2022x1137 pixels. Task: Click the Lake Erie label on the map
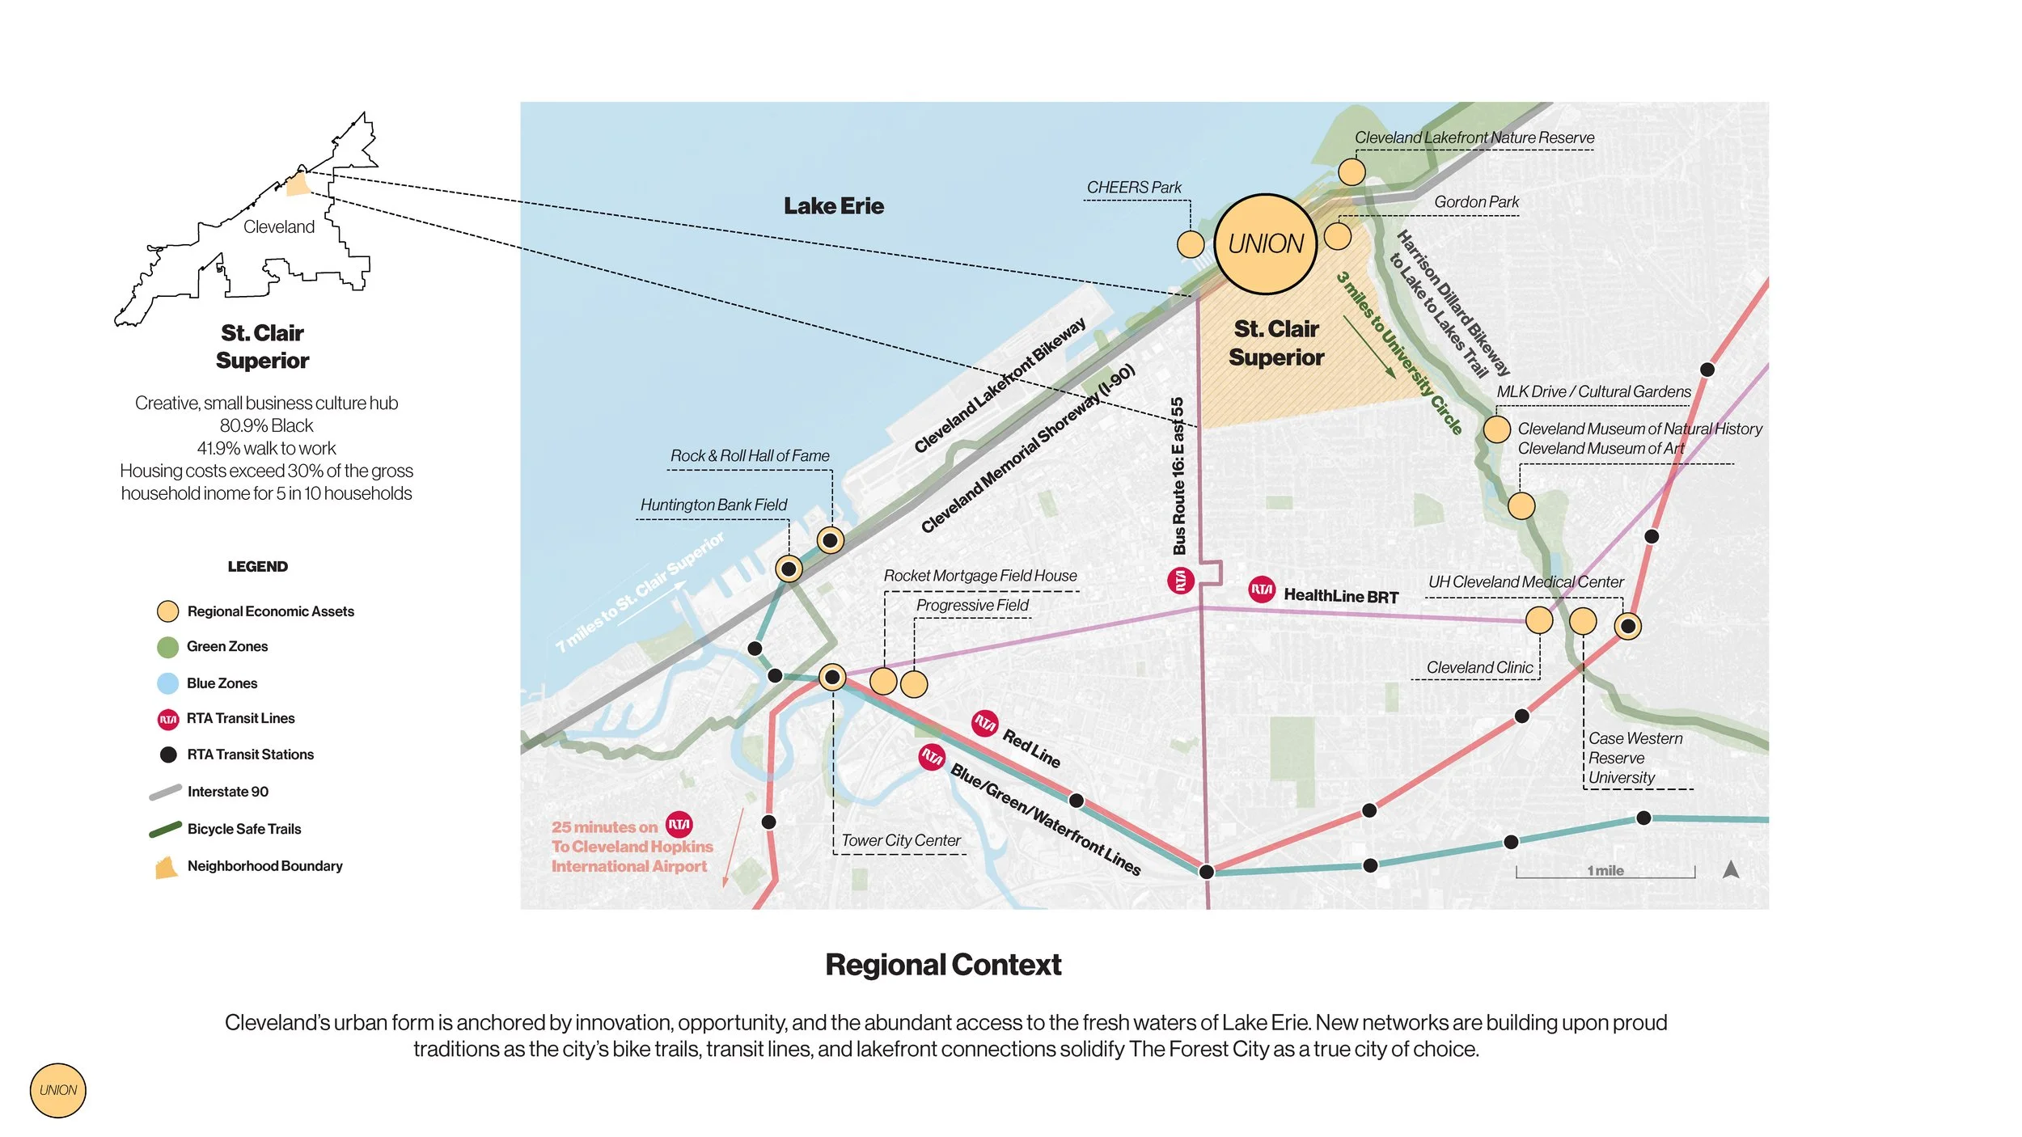pos(833,206)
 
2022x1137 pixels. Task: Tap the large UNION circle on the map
pos(1265,243)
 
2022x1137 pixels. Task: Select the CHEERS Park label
pos(1133,188)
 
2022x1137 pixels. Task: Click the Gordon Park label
pos(1476,202)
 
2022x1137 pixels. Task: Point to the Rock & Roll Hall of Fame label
pos(749,456)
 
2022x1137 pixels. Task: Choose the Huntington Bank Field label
pos(713,505)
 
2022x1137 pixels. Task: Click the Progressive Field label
pos(972,606)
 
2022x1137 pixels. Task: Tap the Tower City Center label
pos(900,841)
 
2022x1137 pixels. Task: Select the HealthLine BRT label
pos(1340,597)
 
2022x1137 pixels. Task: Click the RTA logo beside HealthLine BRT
pos(1262,590)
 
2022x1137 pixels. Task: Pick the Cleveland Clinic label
pos(1479,668)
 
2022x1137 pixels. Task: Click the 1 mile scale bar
pos(1605,872)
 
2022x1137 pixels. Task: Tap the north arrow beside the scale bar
pos(1730,870)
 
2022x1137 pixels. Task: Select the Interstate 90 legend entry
pos(227,792)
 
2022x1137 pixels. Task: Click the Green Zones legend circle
pos(167,647)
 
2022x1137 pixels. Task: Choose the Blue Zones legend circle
pos(167,683)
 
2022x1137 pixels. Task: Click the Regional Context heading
pos(943,965)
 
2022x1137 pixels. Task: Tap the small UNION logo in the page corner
pos(58,1090)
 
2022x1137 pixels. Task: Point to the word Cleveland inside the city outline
pos(279,227)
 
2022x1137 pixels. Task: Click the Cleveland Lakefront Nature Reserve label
pos(1474,138)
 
